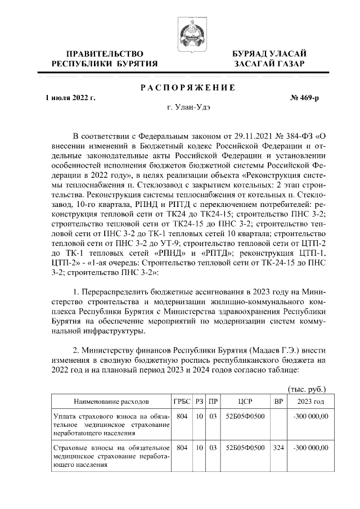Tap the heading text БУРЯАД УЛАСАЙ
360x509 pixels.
269,53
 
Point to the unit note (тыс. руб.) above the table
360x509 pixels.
307,389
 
